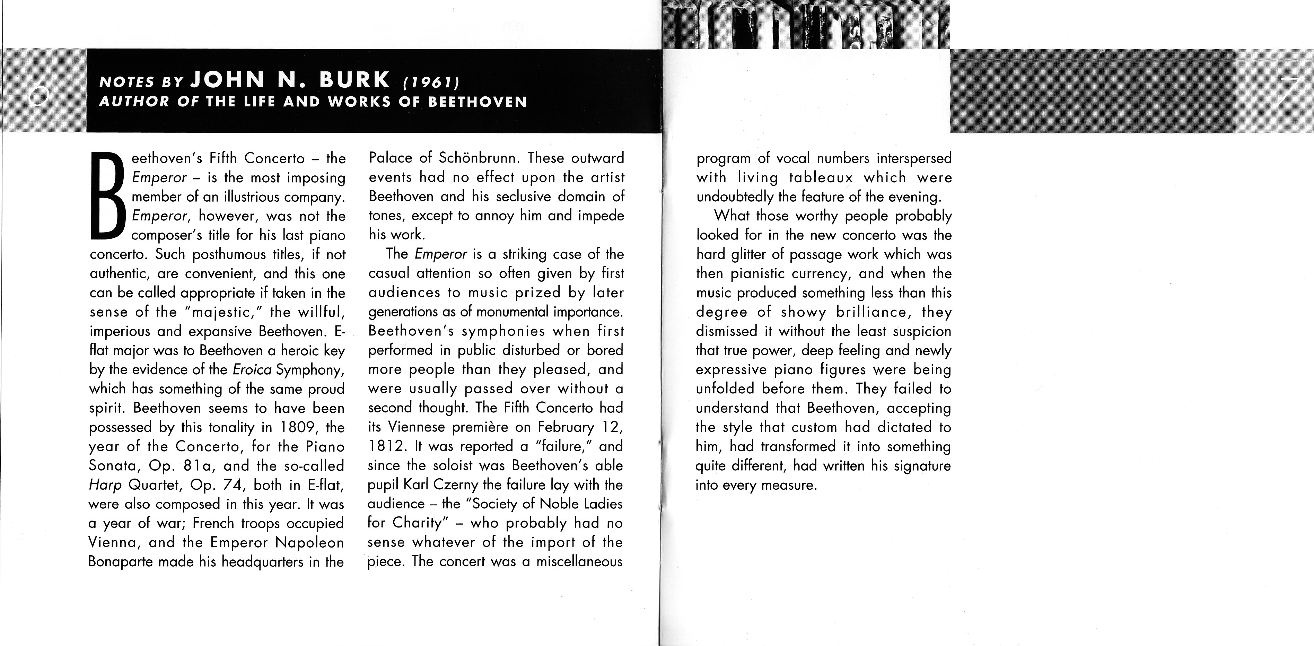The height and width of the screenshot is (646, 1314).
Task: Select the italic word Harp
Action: pyautogui.click(x=105, y=485)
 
